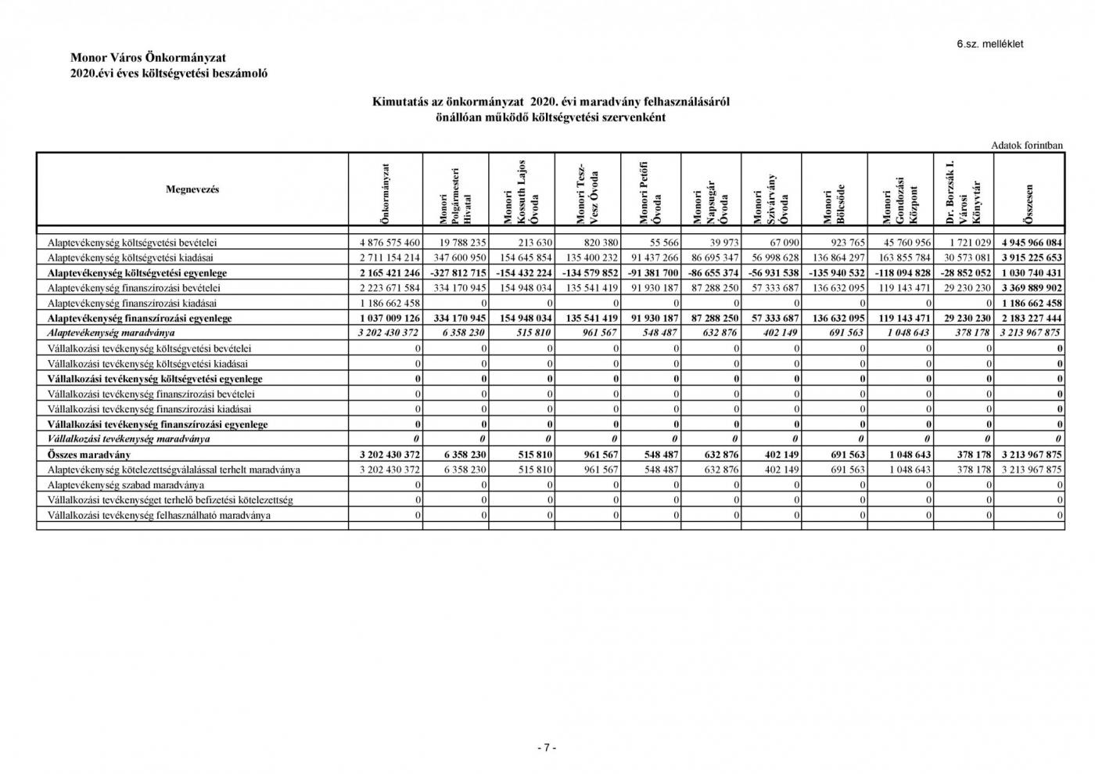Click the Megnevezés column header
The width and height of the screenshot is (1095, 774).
192,189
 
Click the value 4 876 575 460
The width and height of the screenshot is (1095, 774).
389,243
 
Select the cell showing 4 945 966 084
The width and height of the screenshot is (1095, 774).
1031,243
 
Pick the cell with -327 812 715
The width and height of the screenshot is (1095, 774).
457,273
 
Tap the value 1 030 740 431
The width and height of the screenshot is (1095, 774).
1031,273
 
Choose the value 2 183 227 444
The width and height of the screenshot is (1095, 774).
1031,319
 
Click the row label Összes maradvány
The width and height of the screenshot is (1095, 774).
88,455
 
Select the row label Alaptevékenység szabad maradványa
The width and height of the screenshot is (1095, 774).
120,485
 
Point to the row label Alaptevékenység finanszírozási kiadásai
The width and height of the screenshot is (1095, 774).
132,303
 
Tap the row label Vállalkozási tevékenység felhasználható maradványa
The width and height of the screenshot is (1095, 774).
159,516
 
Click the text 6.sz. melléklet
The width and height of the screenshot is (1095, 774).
989,44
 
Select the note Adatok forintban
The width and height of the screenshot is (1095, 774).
1026,145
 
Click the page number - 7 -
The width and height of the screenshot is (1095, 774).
547,747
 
